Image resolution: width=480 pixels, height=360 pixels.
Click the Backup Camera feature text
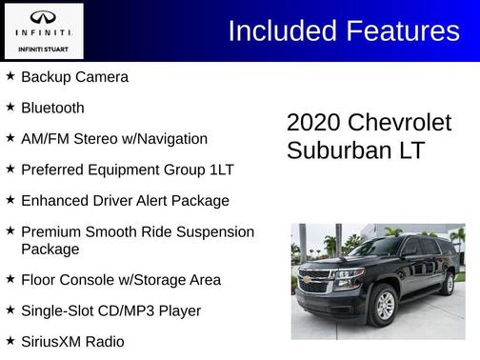click(74, 77)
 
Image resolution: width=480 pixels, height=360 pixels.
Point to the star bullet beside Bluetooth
click(10, 108)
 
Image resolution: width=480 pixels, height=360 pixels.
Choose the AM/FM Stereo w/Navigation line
click(113, 139)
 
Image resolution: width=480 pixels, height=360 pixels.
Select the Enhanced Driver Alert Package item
click(125, 201)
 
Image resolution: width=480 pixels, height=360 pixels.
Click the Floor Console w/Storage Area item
click(120, 280)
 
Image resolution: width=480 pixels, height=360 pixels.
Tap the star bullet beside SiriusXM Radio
click(10, 340)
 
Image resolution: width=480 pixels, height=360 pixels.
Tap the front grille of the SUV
click(315, 282)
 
